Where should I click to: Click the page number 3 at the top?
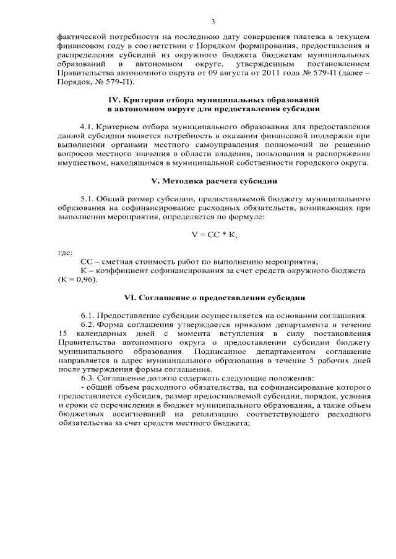tap(213, 22)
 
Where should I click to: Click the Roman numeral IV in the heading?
tap(114, 99)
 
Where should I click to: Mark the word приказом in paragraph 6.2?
tap(262, 324)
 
